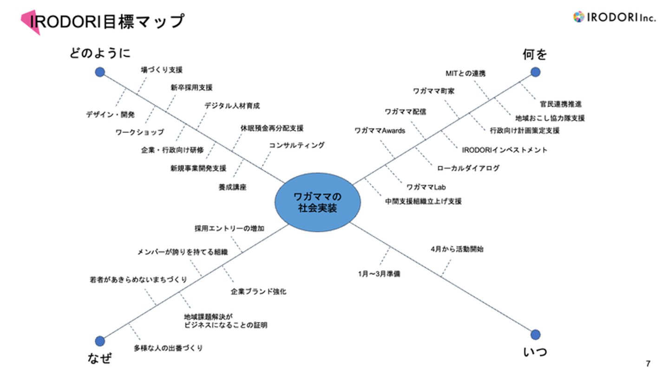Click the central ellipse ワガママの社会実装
pyautogui.click(x=318, y=202)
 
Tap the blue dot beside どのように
pyautogui.click(x=100, y=72)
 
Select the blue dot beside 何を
pyautogui.click(x=535, y=72)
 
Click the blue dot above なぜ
pyautogui.click(x=100, y=341)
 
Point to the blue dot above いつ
pyautogui.click(x=535, y=334)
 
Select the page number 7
pyautogui.click(x=648, y=363)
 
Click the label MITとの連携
pyautogui.click(x=466, y=73)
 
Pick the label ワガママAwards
pyautogui.click(x=380, y=131)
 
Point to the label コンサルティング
pyautogui.click(x=297, y=145)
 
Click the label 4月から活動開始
pyautogui.click(x=457, y=249)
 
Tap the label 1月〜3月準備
pyautogui.click(x=379, y=274)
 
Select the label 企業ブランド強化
pyautogui.click(x=258, y=292)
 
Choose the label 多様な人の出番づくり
pyautogui.click(x=168, y=348)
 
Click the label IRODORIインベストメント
pyautogui.click(x=505, y=150)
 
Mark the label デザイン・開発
pyautogui.click(x=110, y=114)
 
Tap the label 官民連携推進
pyautogui.click(x=561, y=104)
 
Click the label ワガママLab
pyautogui.click(x=426, y=187)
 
